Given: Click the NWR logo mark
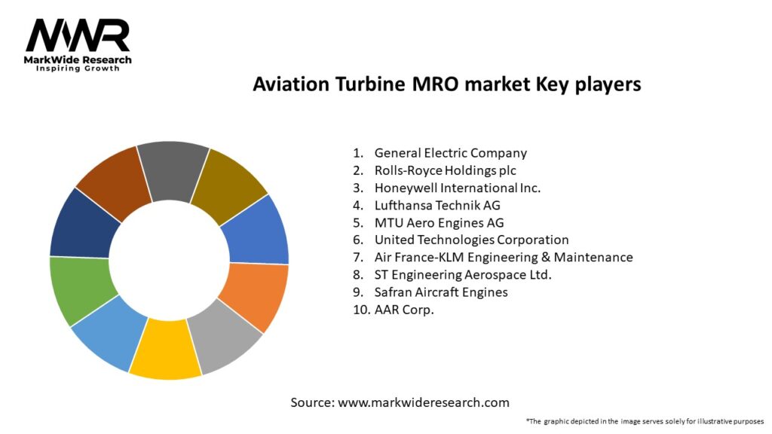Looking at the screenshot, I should [78, 35].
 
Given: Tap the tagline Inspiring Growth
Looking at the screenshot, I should [78, 69].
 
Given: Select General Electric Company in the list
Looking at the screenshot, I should [450, 154].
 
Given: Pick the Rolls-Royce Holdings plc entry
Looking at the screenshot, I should [445, 171].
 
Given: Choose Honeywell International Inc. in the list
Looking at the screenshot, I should [457, 188].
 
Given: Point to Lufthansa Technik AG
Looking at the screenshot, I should [437, 206].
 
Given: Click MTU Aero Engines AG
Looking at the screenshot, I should [439, 223].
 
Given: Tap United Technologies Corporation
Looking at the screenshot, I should [471, 240].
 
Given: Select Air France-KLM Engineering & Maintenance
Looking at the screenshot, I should [503, 258].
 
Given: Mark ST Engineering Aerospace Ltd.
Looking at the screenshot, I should [463, 275].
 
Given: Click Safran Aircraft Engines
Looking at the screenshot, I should [441, 292].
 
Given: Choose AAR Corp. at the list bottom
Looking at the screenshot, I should [404, 310].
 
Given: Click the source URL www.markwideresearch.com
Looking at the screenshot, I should [423, 402].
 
